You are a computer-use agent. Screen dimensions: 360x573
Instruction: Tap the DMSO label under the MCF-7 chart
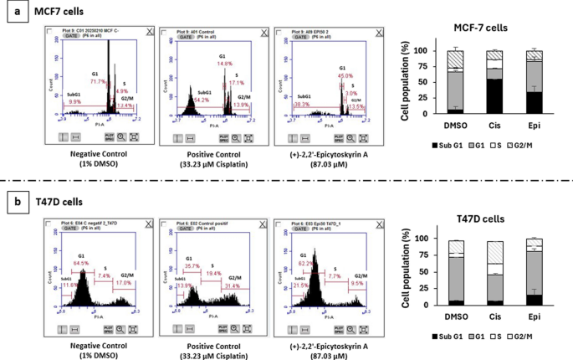tap(453, 127)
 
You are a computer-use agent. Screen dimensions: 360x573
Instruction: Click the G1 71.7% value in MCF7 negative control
tap(98, 82)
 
